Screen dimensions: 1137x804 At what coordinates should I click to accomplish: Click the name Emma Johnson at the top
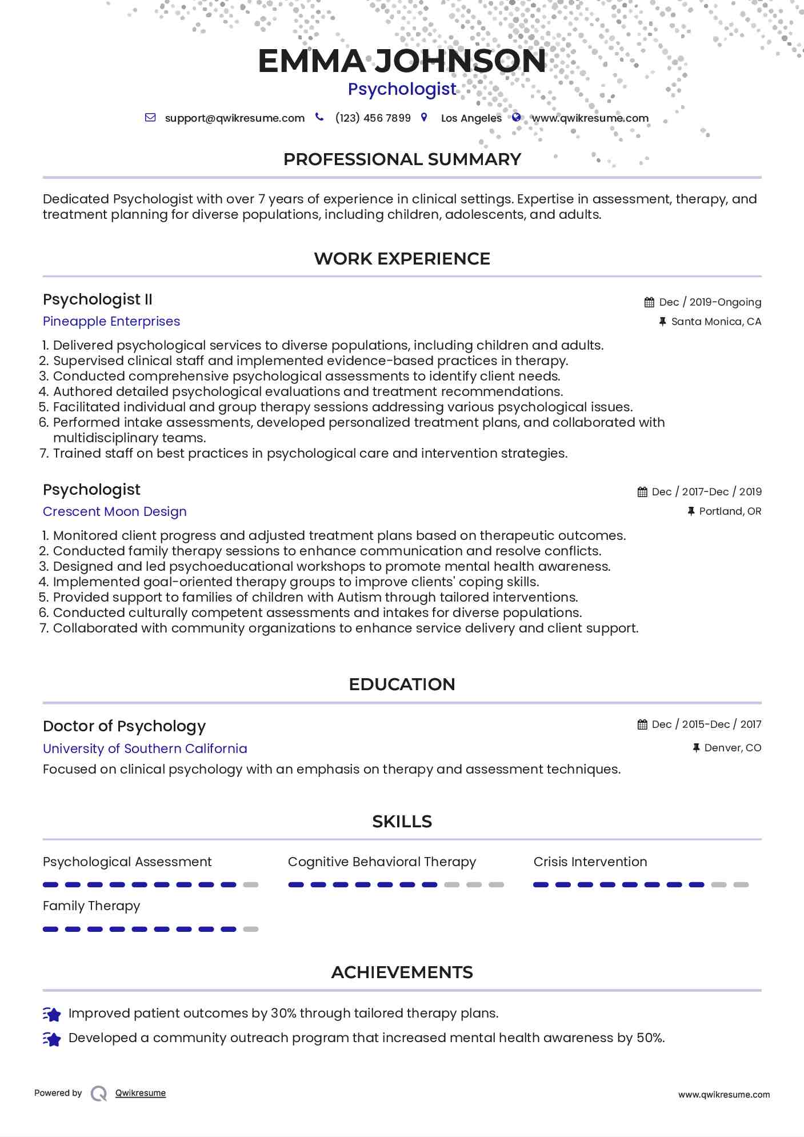point(402,61)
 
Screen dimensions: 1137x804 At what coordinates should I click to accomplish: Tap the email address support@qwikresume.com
point(234,118)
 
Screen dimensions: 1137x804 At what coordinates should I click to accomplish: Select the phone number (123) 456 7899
point(373,118)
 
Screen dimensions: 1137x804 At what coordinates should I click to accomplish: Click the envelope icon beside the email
point(150,118)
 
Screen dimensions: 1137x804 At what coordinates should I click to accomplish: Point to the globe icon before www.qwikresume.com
point(516,117)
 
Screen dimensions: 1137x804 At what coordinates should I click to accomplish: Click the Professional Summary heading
point(402,159)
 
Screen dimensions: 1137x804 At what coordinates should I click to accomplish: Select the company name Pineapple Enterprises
point(111,322)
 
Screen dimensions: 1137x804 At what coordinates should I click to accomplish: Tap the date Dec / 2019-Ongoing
point(710,302)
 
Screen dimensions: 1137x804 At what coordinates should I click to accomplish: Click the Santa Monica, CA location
point(716,322)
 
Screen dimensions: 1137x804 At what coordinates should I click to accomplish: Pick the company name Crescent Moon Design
point(115,512)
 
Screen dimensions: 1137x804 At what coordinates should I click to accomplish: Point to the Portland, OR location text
point(730,511)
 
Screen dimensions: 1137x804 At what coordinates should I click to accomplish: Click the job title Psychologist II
point(98,299)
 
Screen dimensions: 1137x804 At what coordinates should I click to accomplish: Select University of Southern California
point(145,749)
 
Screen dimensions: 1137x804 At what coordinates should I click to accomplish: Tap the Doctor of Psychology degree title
point(124,726)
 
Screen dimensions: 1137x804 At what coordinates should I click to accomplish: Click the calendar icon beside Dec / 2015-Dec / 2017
point(642,724)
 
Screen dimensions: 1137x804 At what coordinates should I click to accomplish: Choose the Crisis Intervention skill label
point(590,862)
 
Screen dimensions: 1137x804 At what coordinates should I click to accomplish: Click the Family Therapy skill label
point(91,906)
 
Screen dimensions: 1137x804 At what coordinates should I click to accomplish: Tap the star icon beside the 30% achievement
point(52,1014)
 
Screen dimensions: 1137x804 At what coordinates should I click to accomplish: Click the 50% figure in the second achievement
point(650,1038)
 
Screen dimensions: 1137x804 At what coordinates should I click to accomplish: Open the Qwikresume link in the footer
point(141,1093)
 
